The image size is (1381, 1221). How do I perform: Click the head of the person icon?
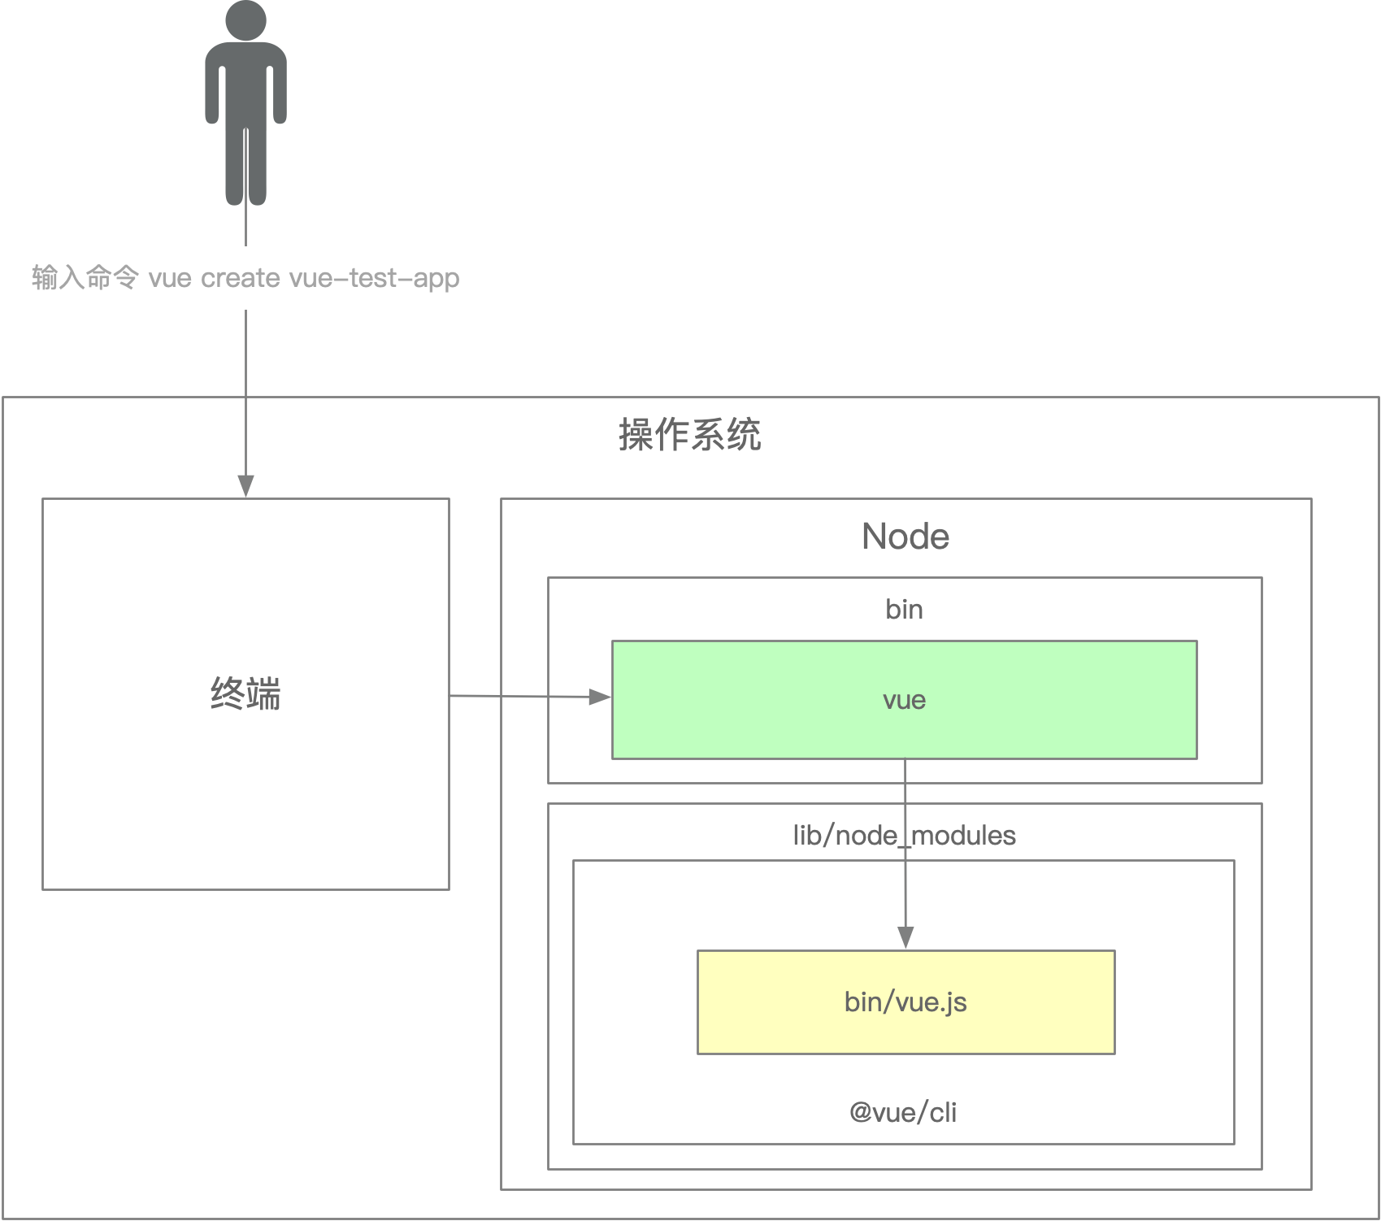(x=245, y=19)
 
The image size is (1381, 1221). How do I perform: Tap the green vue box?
(x=904, y=700)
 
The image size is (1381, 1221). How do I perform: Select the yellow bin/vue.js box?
(x=905, y=1002)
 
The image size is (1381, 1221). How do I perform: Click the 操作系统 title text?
(x=689, y=435)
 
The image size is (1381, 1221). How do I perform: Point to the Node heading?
(x=905, y=537)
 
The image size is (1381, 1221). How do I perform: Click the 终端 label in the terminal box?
(x=245, y=694)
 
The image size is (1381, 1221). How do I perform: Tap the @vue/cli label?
(x=903, y=1112)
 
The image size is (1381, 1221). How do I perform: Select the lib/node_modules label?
(x=904, y=835)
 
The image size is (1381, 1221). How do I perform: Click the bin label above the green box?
(x=904, y=609)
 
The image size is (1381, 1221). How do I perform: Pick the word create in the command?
(x=241, y=278)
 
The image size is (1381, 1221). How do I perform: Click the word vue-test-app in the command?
(x=374, y=278)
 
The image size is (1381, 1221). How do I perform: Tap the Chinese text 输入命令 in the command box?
(x=85, y=278)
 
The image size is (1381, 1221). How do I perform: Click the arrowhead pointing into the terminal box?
(x=245, y=486)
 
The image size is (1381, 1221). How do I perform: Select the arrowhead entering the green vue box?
(x=600, y=697)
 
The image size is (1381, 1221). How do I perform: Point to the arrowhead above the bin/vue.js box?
(x=905, y=937)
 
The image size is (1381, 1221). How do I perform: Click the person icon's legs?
(x=245, y=167)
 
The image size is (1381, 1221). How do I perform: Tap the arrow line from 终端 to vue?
(x=520, y=696)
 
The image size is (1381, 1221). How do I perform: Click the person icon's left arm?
(x=212, y=89)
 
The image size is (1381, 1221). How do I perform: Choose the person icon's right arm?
(x=280, y=89)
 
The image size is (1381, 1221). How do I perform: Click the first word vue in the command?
(x=170, y=278)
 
